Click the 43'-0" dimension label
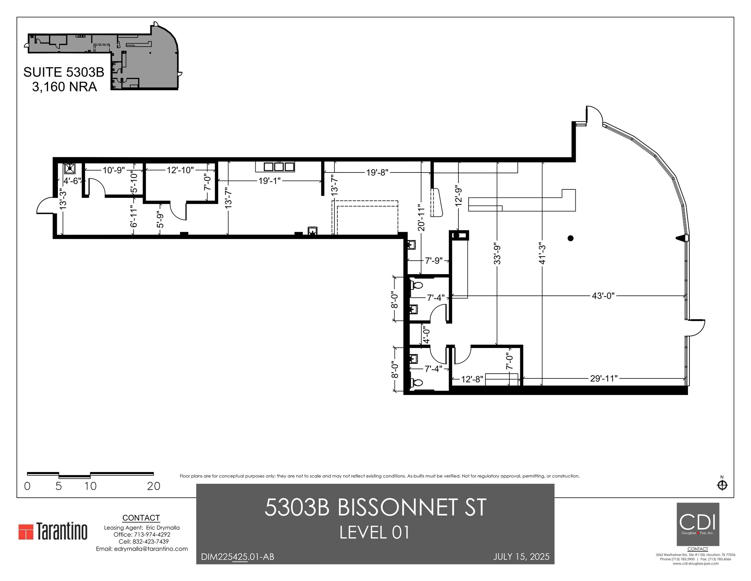click(603, 296)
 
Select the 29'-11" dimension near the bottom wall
click(604, 378)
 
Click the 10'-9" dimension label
click(114, 170)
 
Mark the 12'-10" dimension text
click(180, 170)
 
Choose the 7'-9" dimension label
click(434, 261)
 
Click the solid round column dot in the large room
click(570, 238)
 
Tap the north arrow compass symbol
click(722, 485)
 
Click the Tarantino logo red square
click(26, 531)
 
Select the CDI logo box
click(697, 524)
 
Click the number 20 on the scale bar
click(154, 486)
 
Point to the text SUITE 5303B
click(64, 72)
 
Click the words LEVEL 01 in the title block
click(374, 533)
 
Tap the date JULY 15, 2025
click(521, 557)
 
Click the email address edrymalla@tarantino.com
click(142, 549)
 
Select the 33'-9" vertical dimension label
click(497, 253)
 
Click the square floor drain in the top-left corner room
click(70, 168)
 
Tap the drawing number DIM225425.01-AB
click(237, 557)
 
